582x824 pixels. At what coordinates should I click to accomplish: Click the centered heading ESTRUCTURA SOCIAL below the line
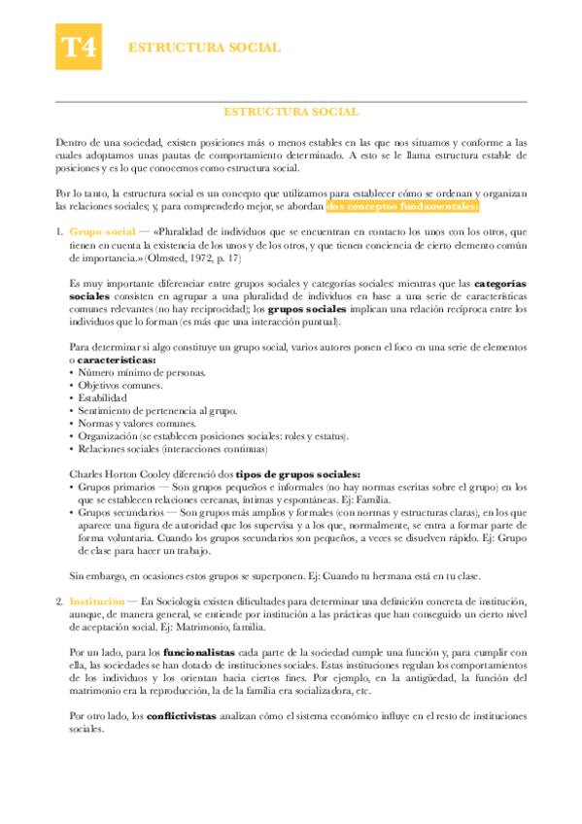click(x=291, y=113)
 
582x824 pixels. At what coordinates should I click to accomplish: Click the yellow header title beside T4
click(x=205, y=47)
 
